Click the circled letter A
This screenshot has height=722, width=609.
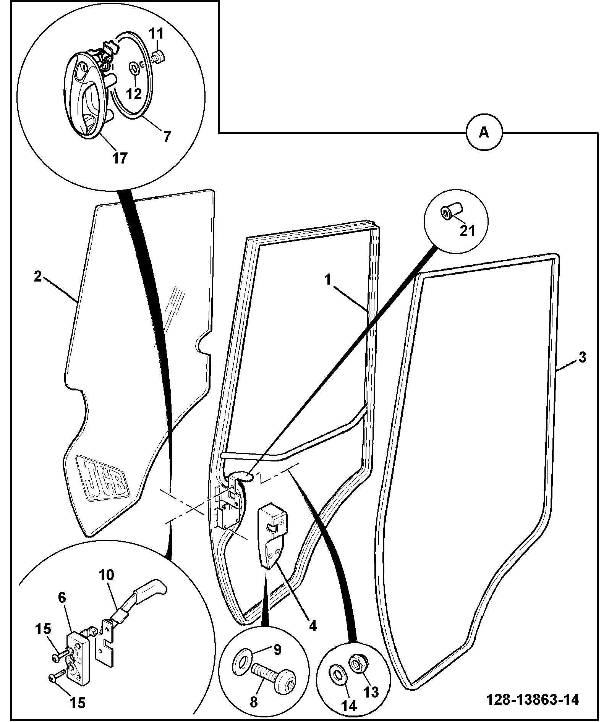tap(484, 133)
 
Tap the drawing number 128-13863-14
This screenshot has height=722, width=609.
tap(532, 699)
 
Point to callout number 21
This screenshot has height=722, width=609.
tap(467, 230)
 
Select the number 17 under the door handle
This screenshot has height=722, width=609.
tap(120, 157)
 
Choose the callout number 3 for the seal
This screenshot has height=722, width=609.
tap(582, 358)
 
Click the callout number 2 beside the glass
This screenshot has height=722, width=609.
tap(37, 277)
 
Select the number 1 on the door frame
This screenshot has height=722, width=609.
tap(327, 280)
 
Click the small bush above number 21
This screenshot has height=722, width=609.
tap(452, 211)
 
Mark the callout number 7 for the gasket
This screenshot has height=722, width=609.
tap(167, 136)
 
